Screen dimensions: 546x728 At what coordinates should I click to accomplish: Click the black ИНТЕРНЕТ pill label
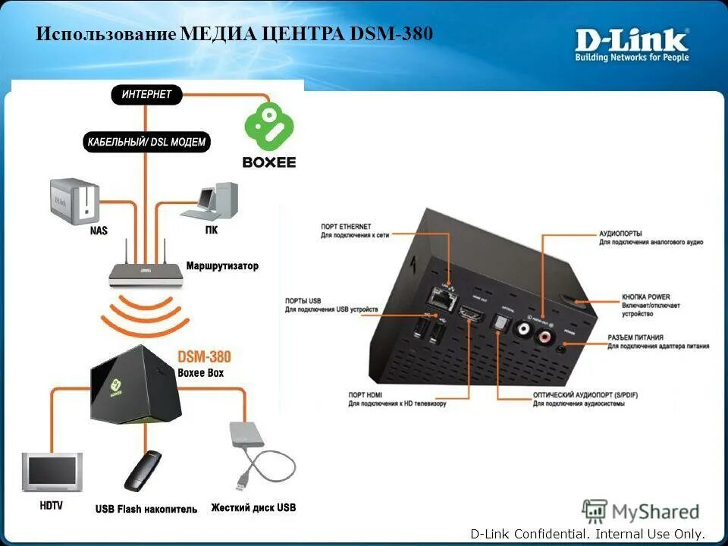(x=147, y=95)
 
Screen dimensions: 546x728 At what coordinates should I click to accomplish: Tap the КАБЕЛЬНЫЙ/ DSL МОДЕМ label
(x=146, y=142)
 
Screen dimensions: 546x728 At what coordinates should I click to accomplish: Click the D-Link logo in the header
(x=632, y=45)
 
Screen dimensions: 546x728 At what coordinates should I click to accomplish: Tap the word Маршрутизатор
(x=222, y=266)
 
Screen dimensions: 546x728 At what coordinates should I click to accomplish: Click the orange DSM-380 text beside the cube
(x=204, y=356)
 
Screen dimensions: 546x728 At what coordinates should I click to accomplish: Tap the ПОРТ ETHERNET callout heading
(x=346, y=227)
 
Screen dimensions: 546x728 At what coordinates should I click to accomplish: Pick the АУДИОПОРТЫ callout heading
(x=622, y=234)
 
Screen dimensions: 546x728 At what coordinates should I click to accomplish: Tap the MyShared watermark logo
(x=641, y=511)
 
